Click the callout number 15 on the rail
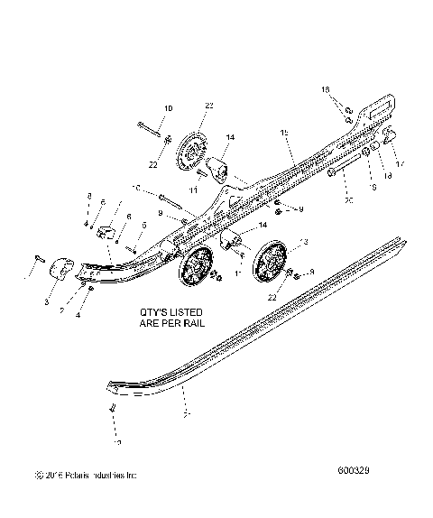pyautogui.click(x=284, y=133)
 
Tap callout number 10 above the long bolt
pyautogui.click(x=168, y=109)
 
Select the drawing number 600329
pyautogui.click(x=356, y=495)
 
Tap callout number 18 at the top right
pyautogui.click(x=327, y=91)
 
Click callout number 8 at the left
pyautogui.click(x=88, y=196)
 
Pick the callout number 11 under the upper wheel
pyautogui.click(x=191, y=189)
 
